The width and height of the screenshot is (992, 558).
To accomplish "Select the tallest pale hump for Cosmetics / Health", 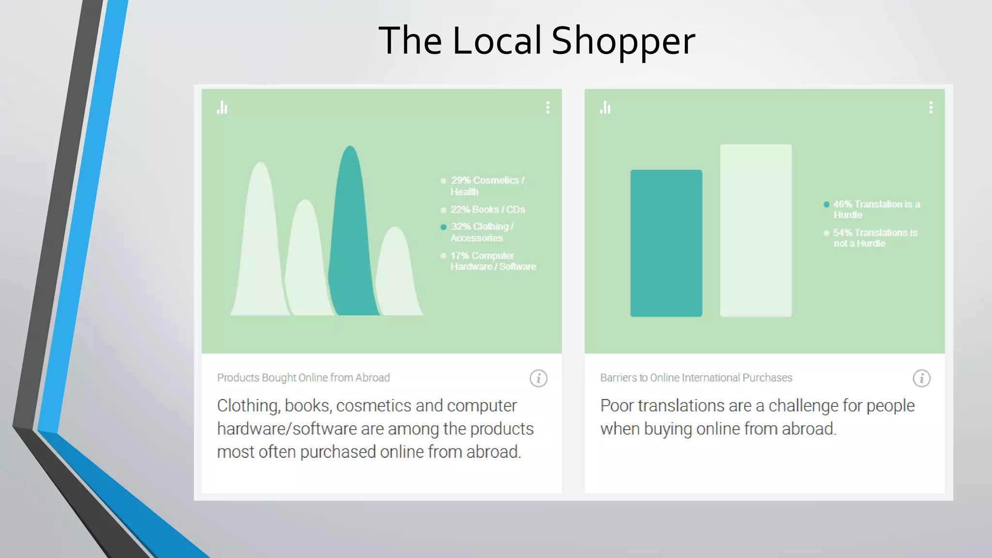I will [x=260, y=242].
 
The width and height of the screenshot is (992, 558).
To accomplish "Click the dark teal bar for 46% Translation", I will [x=666, y=243].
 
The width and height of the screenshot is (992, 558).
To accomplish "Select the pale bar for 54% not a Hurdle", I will [x=756, y=231].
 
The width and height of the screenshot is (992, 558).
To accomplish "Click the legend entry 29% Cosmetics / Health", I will [x=487, y=186].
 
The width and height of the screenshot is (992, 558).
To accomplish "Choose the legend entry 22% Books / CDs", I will [x=487, y=210].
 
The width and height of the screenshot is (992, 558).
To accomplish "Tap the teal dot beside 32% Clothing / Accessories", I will [x=443, y=227].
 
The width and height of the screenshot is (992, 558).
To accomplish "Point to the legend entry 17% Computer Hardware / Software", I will [x=493, y=261].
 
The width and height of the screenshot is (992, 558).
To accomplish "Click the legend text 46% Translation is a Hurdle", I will [x=876, y=209].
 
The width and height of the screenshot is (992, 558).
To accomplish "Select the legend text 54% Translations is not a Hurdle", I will [x=875, y=238].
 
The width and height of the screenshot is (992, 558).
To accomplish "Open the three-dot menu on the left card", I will [x=548, y=108].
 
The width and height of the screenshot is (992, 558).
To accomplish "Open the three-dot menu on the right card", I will [x=930, y=108].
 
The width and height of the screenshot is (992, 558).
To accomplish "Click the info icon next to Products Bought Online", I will [x=538, y=378].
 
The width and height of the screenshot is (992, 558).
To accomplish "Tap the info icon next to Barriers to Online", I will [x=921, y=378].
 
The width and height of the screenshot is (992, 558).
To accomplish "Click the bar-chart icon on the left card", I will [x=222, y=108].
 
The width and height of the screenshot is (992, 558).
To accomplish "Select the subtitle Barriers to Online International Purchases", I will [x=696, y=378].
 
